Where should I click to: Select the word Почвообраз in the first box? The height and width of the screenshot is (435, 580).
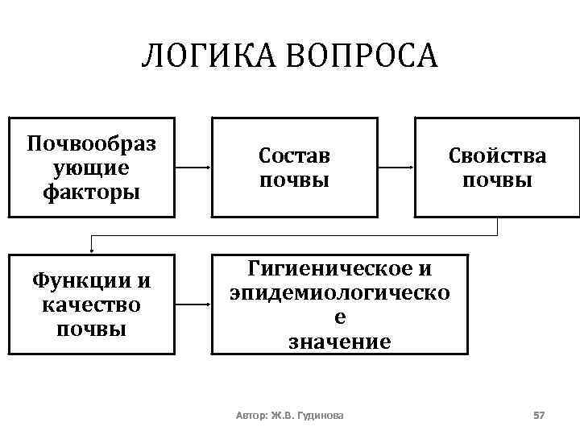(x=91, y=144)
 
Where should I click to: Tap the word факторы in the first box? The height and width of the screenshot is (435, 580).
(x=91, y=192)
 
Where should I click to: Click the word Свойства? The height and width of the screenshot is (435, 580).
(x=497, y=155)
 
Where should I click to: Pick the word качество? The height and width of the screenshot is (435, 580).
(x=91, y=305)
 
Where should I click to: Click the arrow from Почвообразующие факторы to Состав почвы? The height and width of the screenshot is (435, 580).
(x=193, y=168)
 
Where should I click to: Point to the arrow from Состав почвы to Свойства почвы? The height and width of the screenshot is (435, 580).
(x=396, y=168)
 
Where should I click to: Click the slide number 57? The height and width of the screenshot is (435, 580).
(x=539, y=415)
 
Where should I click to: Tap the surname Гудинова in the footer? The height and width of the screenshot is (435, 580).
(x=319, y=416)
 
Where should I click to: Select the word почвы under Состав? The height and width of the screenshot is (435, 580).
(x=294, y=180)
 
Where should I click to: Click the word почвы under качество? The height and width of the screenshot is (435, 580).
(x=91, y=329)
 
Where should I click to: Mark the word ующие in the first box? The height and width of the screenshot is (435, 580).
(x=91, y=168)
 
